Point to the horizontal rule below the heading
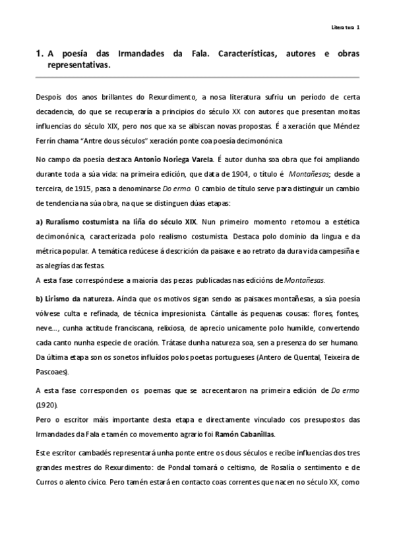(197, 77)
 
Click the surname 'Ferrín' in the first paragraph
(46, 140)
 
